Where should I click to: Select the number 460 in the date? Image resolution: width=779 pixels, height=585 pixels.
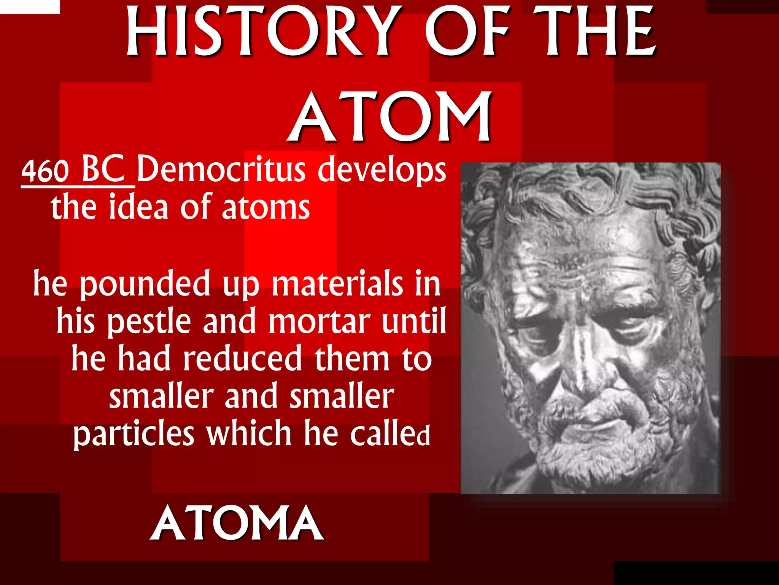pyautogui.click(x=45, y=171)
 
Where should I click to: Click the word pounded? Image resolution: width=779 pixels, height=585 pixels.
pyautogui.click(x=145, y=284)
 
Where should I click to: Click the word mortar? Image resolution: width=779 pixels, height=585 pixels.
pyautogui.click(x=320, y=321)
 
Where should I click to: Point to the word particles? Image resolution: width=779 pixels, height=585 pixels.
pyautogui.click(x=134, y=434)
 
